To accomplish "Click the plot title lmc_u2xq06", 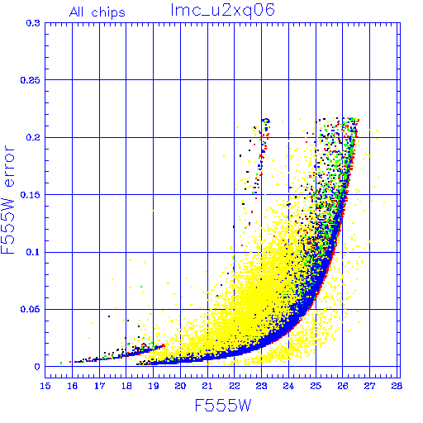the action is coord(222,11).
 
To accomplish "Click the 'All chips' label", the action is coord(97,12).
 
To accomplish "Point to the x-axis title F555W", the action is coord(223,406).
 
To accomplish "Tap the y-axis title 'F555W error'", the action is coord(8,200).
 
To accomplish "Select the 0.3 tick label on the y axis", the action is coord(33,23).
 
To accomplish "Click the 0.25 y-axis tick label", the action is coord(31,80).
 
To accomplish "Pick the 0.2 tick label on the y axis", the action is coord(33,137).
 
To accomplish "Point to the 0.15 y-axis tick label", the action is coord(31,195).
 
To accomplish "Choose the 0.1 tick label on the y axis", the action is coord(33,252).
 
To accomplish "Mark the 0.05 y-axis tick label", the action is coord(31,309).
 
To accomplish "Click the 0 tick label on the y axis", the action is coord(37,367).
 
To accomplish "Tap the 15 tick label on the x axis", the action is coord(45,386).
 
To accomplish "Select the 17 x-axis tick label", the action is coord(99,386).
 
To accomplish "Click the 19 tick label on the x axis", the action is coord(154,386).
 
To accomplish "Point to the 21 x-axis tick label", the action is coord(207,386).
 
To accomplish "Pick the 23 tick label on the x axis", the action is coord(261,386).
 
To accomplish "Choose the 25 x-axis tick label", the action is coord(316,386).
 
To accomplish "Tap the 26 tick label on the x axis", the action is coord(343,386).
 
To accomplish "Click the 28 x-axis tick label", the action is coord(397,386).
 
